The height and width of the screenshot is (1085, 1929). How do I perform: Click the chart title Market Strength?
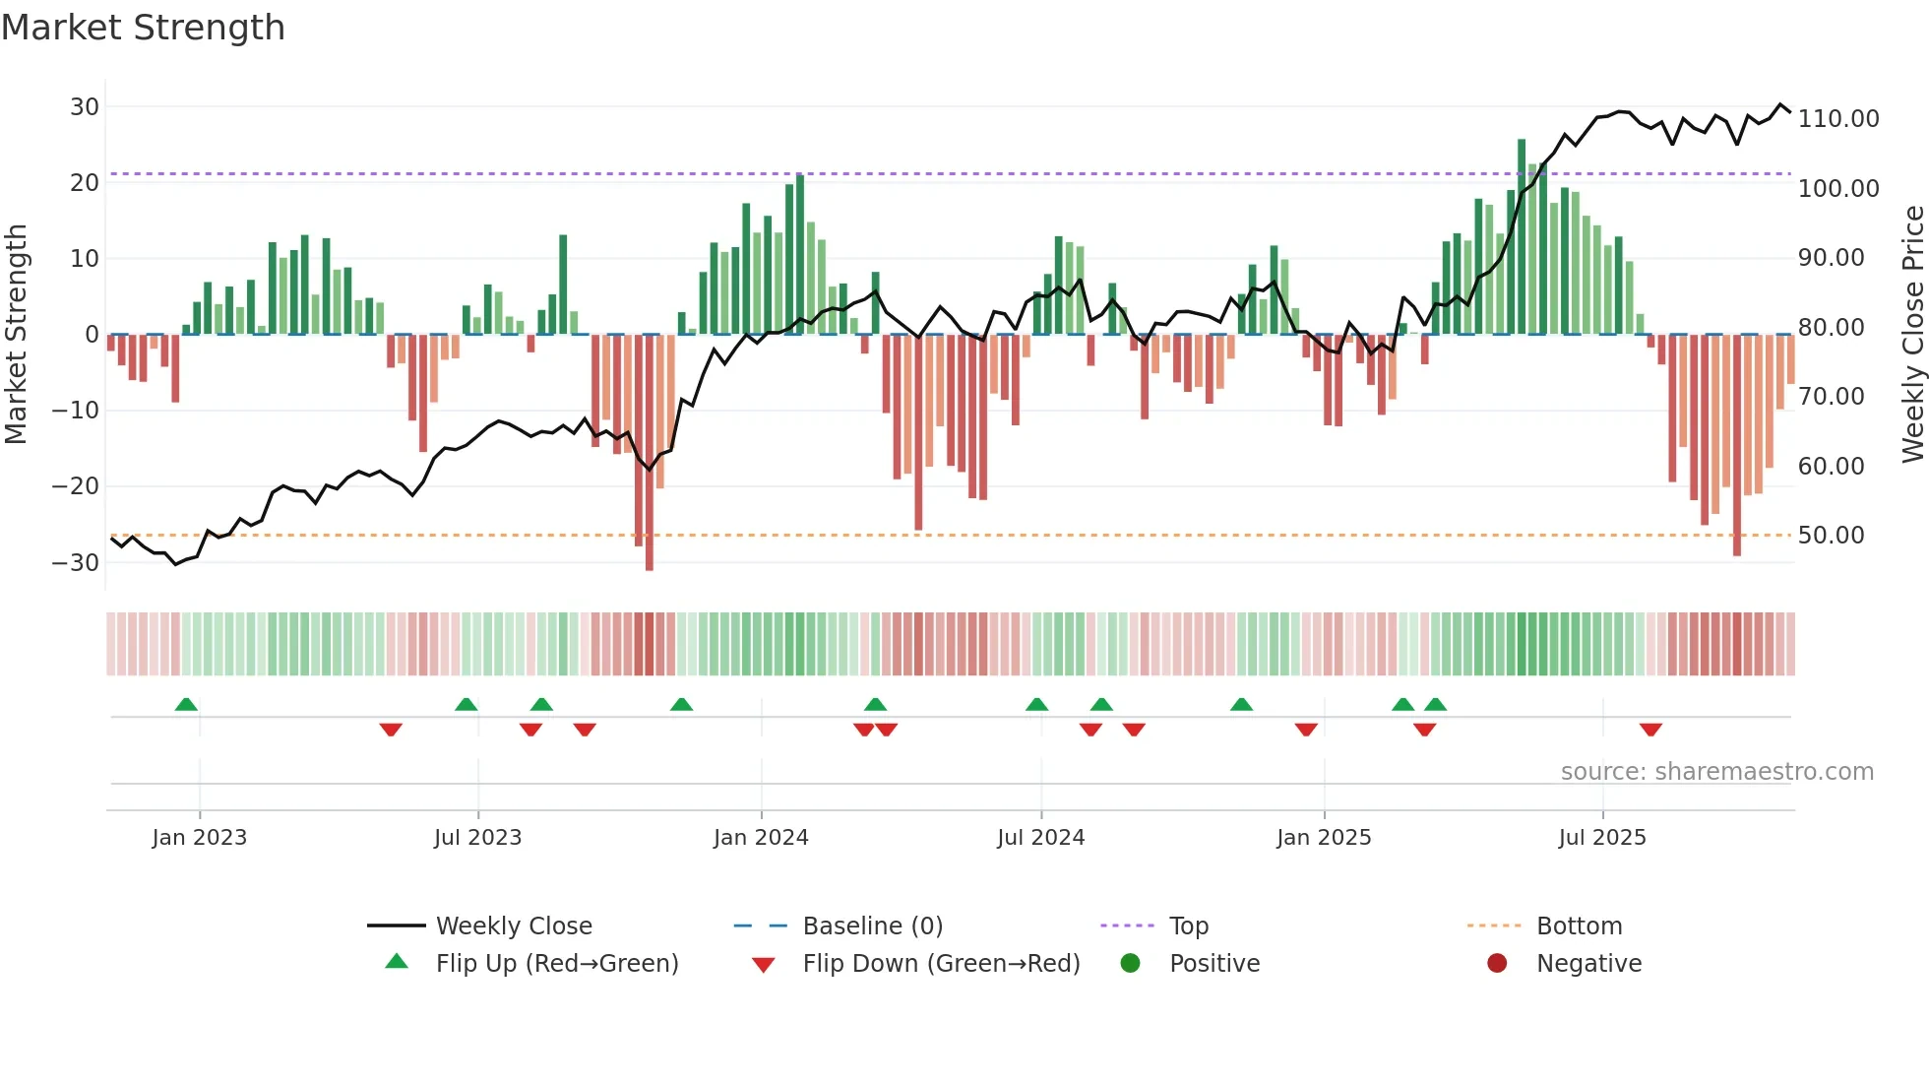point(143,28)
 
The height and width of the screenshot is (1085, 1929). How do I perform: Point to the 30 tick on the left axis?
point(85,106)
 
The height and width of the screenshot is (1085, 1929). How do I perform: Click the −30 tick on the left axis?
point(76,563)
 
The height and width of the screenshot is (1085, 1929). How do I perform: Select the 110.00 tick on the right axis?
point(1837,119)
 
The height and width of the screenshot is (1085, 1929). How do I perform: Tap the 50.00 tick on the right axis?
point(1831,536)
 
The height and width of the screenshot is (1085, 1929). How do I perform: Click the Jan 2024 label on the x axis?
point(761,838)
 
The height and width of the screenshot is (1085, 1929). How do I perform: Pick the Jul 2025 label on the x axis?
point(1601,838)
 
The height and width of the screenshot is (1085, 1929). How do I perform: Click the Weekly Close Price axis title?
point(1912,335)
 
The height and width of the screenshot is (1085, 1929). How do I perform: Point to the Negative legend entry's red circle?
point(1497,964)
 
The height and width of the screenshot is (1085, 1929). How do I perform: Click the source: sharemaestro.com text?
point(1716,772)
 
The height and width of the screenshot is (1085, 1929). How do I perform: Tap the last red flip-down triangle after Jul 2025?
point(1650,730)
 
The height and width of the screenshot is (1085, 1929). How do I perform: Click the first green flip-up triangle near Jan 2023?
point(186,704)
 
